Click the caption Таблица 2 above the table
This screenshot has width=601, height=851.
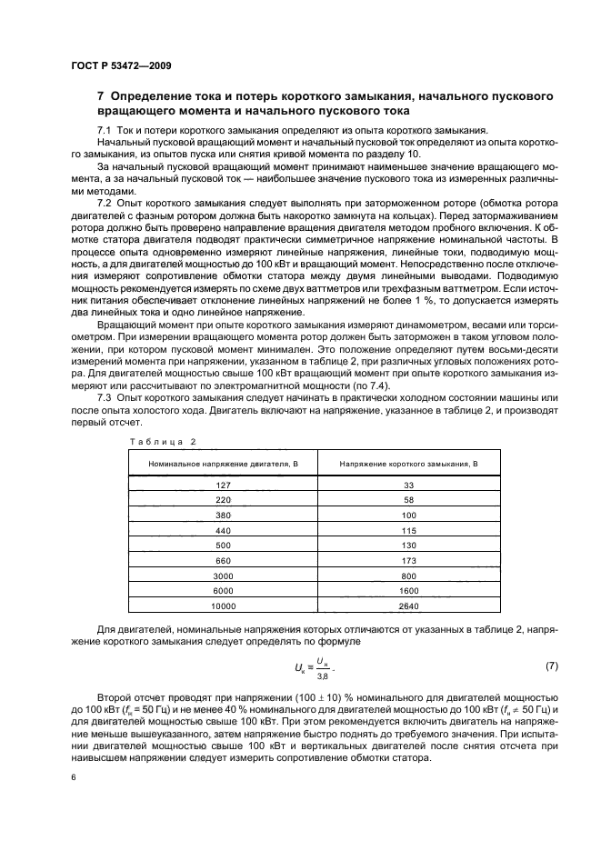click(x=163, y=441)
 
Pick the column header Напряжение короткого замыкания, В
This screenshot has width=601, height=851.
click(x=408, y=465)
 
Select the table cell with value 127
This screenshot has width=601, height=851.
click(x=224, y=486)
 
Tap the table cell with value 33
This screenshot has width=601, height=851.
click(x=408, y=486)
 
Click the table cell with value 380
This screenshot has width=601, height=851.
click(x=224, y=515)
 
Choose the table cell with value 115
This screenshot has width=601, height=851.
click(x=408, y=530)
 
